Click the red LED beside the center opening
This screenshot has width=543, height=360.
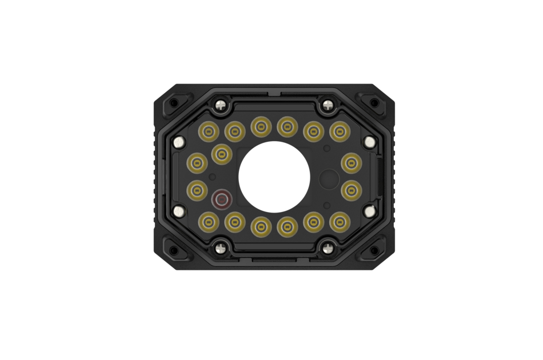point(221,199)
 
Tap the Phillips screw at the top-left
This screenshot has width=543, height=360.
point(221,105)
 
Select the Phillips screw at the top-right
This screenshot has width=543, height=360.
point(328,105)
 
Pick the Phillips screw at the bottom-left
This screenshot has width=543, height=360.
point(221,248)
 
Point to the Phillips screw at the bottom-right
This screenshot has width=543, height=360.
point(328,248)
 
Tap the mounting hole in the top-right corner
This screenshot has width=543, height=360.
point(374,103)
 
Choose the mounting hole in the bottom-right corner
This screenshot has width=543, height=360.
point(374,250)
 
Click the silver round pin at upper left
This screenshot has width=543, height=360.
point(179,142)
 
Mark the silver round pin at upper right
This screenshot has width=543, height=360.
point(370,142)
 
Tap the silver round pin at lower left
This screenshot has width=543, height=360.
point(179,211)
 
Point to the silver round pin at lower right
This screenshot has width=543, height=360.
point(370,211)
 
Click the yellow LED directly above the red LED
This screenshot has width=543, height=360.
point(221,154)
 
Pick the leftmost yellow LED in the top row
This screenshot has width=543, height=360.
point(209,132)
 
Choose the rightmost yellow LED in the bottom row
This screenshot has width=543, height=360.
point(340,222)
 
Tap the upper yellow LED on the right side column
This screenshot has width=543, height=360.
point(351,163)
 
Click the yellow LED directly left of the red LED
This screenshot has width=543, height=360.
point(197,190)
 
